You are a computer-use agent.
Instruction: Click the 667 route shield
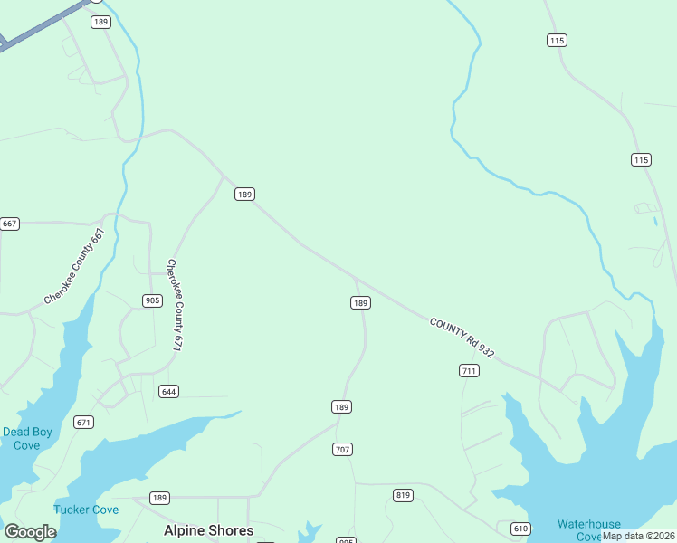pyautogui.click(x=10, y=224)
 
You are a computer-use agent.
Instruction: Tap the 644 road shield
pyautogui.click(x=168, y=391)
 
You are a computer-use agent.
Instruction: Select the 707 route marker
pyautogui.click(x=342, y=450)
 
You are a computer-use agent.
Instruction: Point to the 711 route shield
pyautogui.click(x=469, y=371)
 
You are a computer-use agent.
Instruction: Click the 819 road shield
pyautogui.click(x=403, y=495)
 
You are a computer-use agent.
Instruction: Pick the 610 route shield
pyautogui.click(x=520, y=529)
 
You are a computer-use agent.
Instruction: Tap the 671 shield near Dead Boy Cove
pyautogui.click(x=84, y=423)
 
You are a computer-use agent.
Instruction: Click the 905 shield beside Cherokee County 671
pyautogui.click(x=152, y=300)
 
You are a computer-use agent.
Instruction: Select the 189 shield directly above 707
pyautogui.click(x=341, y=407)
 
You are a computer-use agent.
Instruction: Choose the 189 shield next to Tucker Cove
pyautogui.click(x=160, y=498)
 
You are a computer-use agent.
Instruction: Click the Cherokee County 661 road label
pyautogui.click(x=75, y=266)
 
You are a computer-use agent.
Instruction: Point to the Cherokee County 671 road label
pyautogui.click(x=174, y=305)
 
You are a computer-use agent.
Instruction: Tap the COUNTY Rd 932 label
pyautogui.click(x=462, y=338)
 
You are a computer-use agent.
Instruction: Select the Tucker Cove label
pyautogui.click(x=86, y=510)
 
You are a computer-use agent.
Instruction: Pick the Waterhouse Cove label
pyautogui.click(x=589, y=529)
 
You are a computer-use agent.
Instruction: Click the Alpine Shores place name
pyautogui.click(x=208, y=530)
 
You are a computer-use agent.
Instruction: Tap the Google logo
pyautogui.click(x=30, y=532)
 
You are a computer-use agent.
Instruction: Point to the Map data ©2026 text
pyautogui.click(x=638, y=536)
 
